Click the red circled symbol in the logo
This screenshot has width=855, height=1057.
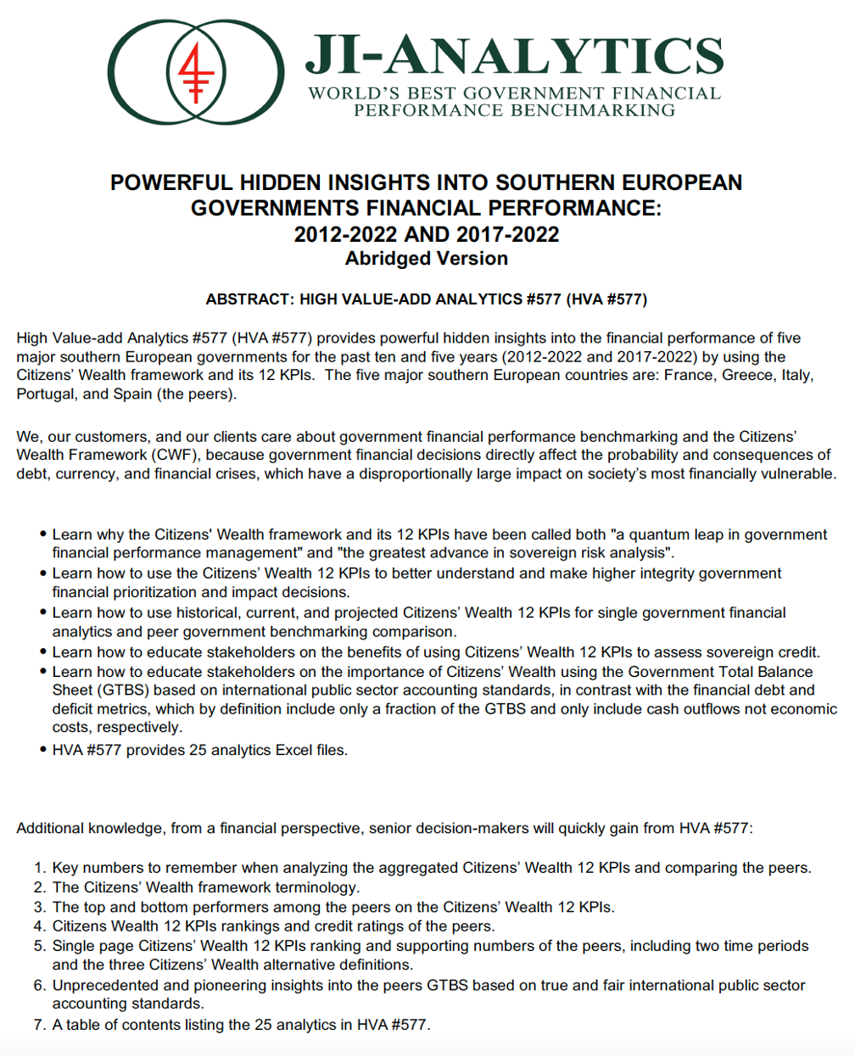pos(197,71)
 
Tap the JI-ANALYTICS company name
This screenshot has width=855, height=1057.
pos(514,56)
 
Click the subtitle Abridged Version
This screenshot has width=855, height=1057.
pos(427,259)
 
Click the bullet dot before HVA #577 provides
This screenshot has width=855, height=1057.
pos(42,750)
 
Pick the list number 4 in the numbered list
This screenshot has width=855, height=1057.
pos(39,926)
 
